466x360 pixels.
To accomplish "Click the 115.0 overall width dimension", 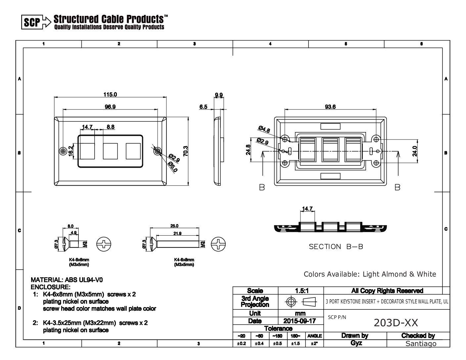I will (x=110, y=95).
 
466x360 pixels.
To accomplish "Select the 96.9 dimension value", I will (x=110, y=107).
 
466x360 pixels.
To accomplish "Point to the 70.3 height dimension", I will (x=186, y=151).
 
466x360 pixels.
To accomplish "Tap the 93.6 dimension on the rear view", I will (x=330, y=107).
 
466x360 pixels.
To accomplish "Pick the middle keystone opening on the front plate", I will (x=111, y=151).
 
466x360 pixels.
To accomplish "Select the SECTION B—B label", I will (x=336, y=247).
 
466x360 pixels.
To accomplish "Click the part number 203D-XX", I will (x=396, y=323).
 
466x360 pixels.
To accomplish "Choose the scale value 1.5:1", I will (x=302, y=291).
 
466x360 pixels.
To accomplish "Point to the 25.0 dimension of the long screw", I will (x=174, y=226).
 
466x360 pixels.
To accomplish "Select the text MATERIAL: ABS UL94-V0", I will (x=67, y=280).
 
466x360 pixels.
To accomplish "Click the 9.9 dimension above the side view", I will (x=218, y=95).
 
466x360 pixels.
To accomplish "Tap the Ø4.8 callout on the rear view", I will (x=264, y=129).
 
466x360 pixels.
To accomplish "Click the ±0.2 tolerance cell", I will (x=242, y=344).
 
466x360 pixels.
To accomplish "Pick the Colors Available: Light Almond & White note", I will (x=370, y=274).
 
